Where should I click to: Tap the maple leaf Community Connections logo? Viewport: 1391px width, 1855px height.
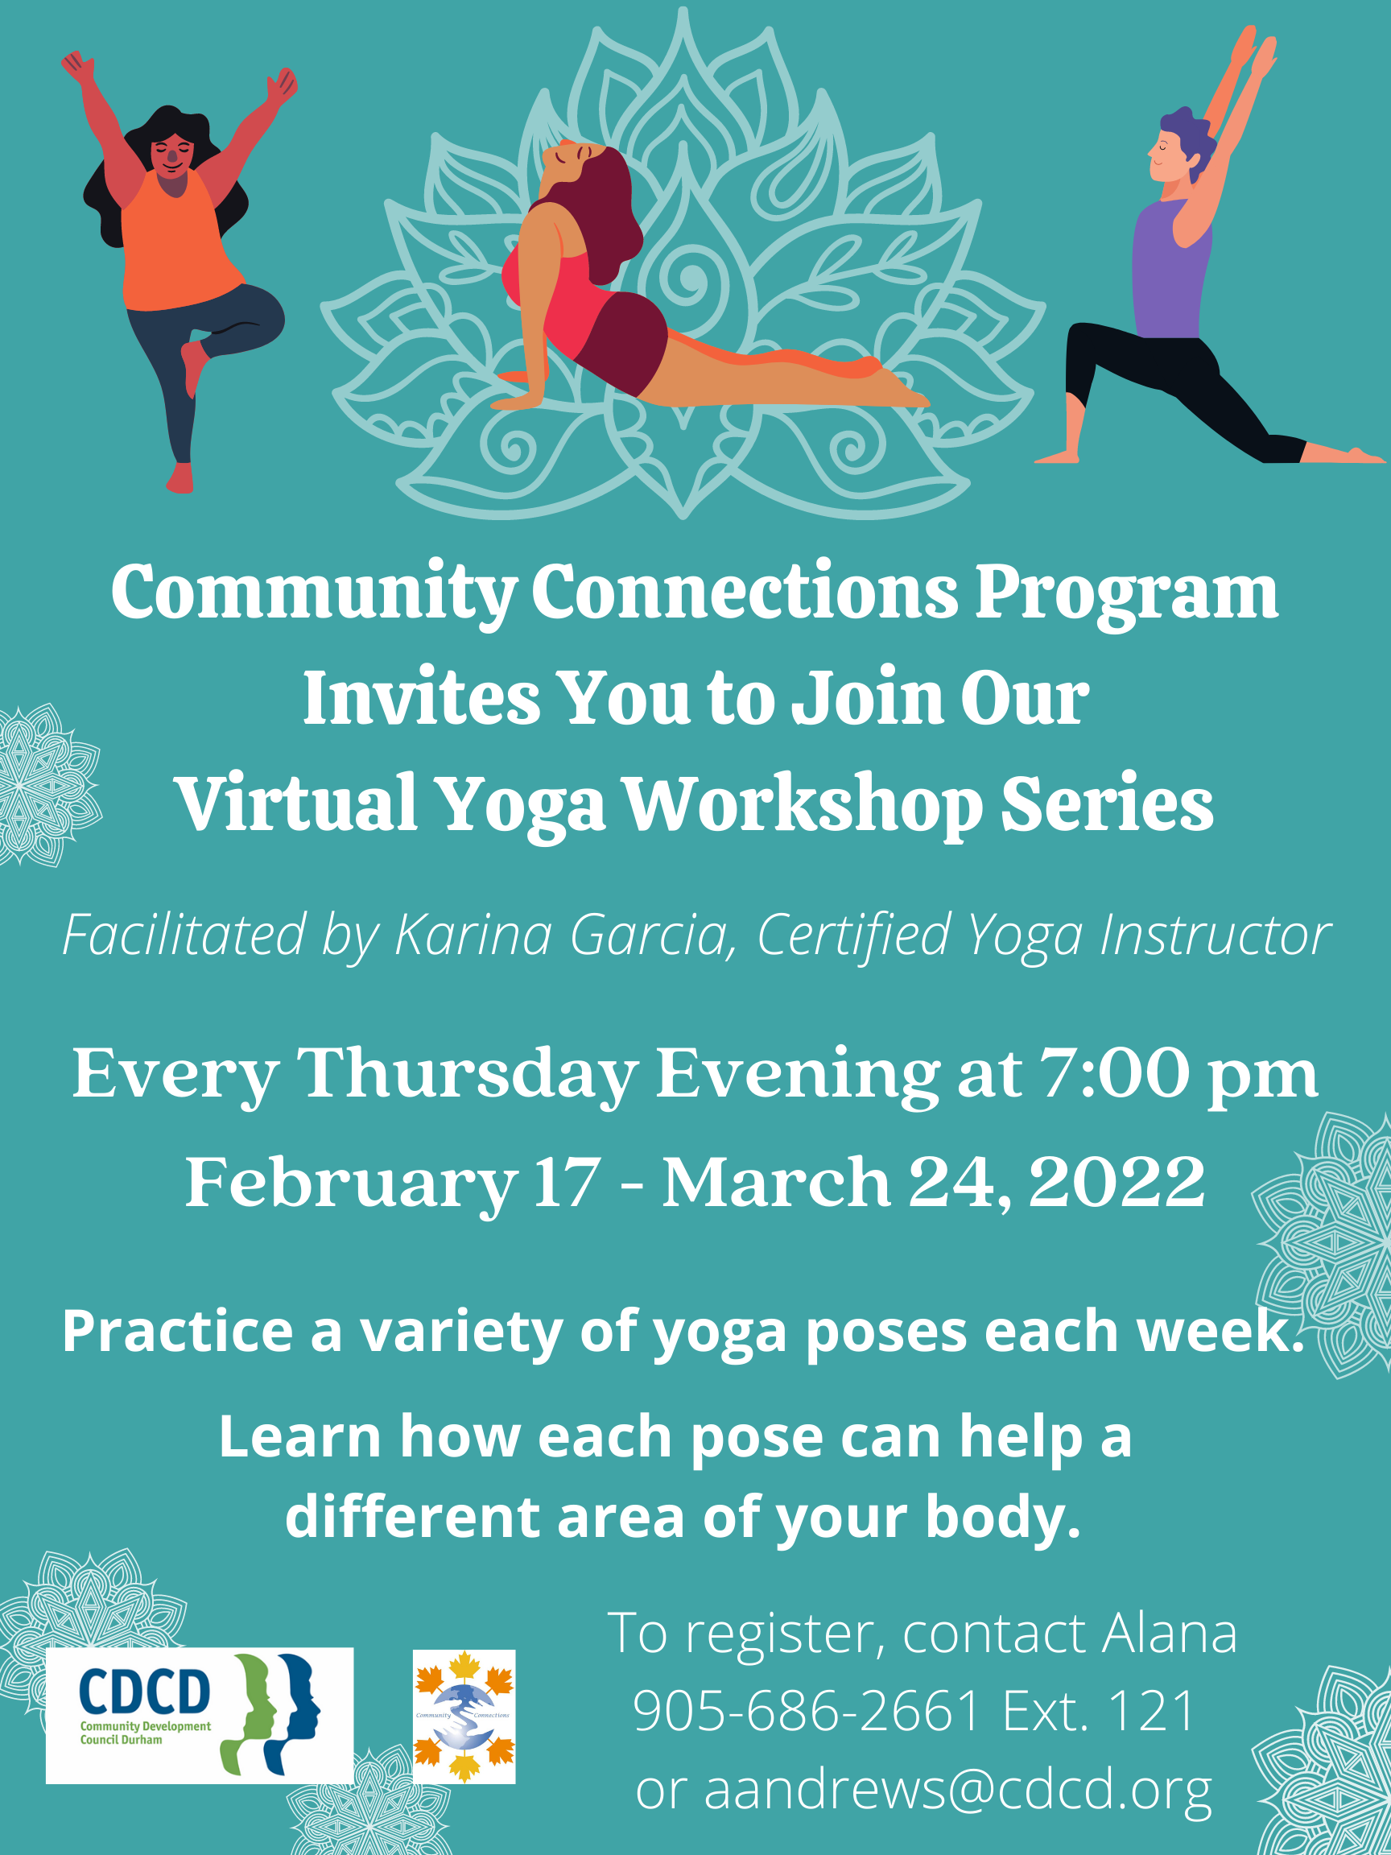click(x=464, y=1715)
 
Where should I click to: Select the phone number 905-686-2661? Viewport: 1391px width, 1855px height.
click(x=807, y=1709)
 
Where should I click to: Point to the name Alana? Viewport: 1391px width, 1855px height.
click(x=1170, y=1632)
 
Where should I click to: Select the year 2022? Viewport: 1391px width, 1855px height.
click(x=1117, y=1182)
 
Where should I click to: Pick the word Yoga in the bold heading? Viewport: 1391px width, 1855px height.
click(x=521, y=805)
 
